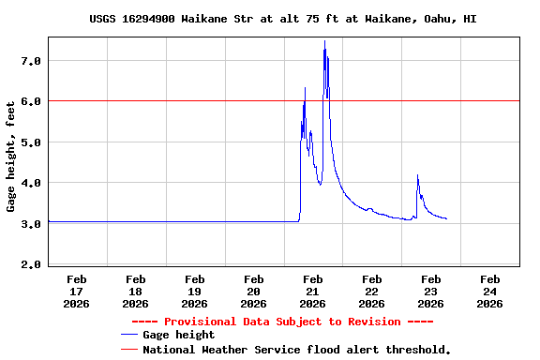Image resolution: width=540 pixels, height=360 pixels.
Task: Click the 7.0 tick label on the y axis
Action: tap(32, 61)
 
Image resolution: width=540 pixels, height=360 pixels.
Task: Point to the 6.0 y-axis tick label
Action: tap(32, 101)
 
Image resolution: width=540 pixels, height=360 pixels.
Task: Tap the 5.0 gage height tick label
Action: tap(32, 142)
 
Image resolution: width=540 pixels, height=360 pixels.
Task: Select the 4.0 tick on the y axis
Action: tap(32, 183)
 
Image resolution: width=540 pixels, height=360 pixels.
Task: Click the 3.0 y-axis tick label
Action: tap(32, 224)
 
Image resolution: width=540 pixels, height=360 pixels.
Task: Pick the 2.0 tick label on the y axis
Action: tap(32, 265)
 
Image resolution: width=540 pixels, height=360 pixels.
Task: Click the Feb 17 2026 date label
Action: tap(77, 291)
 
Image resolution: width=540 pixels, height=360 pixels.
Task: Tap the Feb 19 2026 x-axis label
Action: tap(195, 291)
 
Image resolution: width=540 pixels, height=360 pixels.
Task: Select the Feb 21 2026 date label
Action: tap(313, 291)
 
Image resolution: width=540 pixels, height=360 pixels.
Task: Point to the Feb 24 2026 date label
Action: tap(489, 291)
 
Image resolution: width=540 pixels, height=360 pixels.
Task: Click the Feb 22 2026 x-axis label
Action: tap(372, 291)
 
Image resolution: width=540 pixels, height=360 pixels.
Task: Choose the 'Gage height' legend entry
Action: tap(178, 335)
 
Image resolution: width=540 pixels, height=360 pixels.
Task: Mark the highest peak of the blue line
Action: tap(325, 41)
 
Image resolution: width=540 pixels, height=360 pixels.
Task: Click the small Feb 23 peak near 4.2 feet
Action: tap(417, 175)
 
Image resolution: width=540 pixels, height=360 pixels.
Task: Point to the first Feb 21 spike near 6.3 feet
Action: tap(305, 88)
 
